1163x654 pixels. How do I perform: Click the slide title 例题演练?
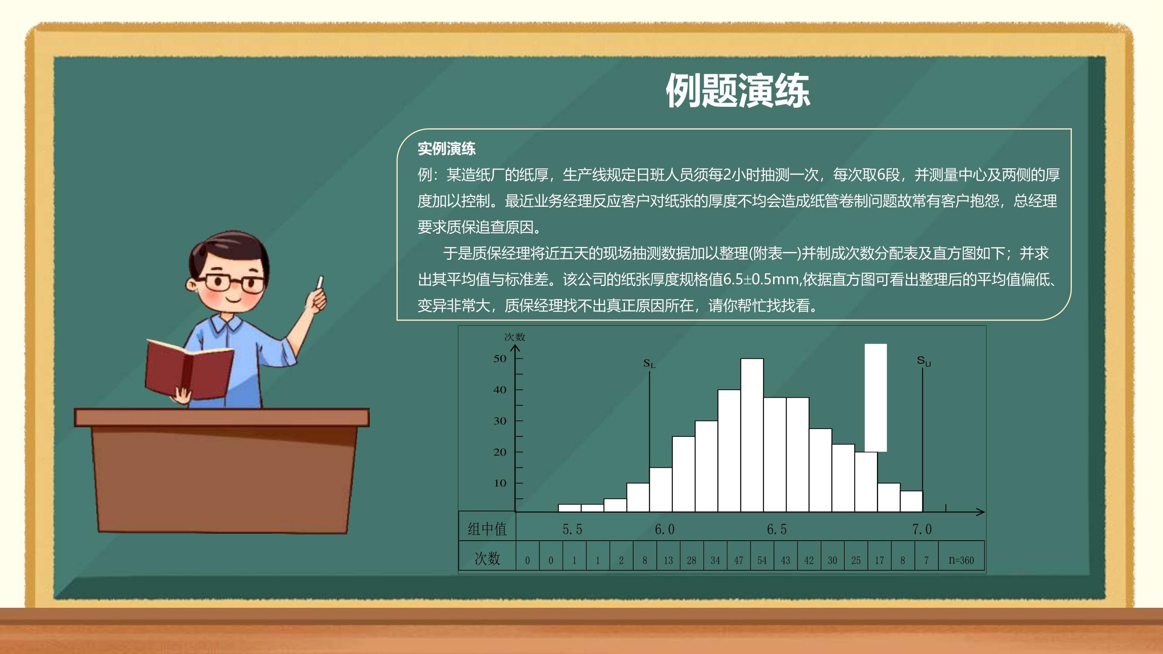[x=738, y=91]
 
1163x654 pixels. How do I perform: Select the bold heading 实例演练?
[x=447, y=149]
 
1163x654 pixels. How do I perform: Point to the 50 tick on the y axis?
[x=500, y=359]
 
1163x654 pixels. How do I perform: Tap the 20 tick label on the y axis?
[x=500, y=452]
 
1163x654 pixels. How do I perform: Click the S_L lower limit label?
[x=649, y=363]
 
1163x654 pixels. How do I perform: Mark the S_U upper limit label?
[x=924, y=361]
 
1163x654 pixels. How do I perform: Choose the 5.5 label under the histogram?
[x=573, y=529]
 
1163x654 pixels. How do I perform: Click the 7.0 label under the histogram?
[x=922, y=529]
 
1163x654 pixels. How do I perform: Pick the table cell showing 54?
[x=762, y=560]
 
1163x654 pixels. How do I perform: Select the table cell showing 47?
[x=739, y=560]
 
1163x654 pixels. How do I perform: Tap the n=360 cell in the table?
[x=961, y=560]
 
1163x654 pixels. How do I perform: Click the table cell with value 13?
[x=668, y=560]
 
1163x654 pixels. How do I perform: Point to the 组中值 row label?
[x=487, y=529]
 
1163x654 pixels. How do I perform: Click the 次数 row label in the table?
[x=487, y=559]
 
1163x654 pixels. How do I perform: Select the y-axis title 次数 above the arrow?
[x=515, y=337]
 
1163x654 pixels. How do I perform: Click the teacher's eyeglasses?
[x=231, y=283]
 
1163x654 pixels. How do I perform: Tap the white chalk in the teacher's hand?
[x=320, y=282]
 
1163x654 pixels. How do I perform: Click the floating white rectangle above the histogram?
[x=875, y=398]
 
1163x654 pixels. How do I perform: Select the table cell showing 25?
[x=856, y=560]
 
